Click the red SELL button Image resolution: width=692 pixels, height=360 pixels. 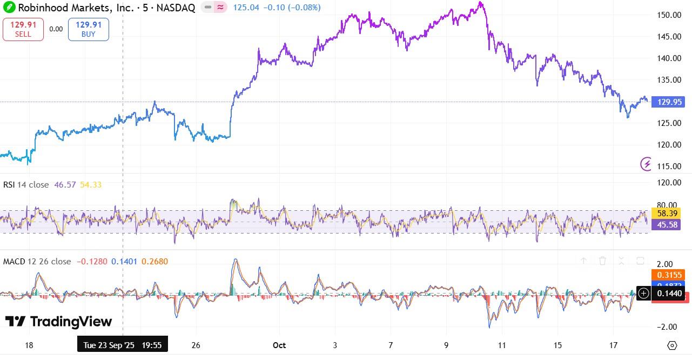pos(23,29)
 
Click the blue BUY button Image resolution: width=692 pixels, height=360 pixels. pos(88,29)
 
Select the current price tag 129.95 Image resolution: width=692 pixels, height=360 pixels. pos(669,102)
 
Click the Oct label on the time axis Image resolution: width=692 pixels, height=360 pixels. pos(279,345)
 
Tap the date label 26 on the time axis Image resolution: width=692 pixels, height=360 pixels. pos(196,345)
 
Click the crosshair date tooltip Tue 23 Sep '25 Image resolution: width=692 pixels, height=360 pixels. pos(122,344)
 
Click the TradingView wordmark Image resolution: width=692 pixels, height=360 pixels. pos(59,322)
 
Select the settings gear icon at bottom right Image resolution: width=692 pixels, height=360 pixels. pos(672,345)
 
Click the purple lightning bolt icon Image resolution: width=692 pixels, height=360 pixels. pos(646,164)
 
